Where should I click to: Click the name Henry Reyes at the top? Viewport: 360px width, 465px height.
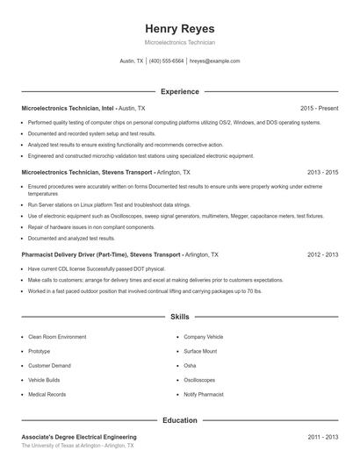[x=179, y=28]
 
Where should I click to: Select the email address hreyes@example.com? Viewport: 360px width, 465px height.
[x=215, y=61]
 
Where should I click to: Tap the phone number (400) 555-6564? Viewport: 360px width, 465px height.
[x=167, y=61]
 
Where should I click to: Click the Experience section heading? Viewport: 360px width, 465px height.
[x=179, y=91]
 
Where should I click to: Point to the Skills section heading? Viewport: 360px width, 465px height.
[x=179, y=317]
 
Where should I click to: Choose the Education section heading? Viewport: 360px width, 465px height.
[x=179, y=420]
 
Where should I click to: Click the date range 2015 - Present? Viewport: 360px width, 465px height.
[x=319, y=108]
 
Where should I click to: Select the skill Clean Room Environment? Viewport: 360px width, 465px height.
[x=57, y=336]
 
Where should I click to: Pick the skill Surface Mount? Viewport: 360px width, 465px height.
[x=201, y=350]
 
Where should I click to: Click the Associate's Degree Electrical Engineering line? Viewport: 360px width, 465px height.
[x=79, y=436]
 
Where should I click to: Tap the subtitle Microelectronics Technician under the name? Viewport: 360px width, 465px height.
[x=179, y=42]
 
